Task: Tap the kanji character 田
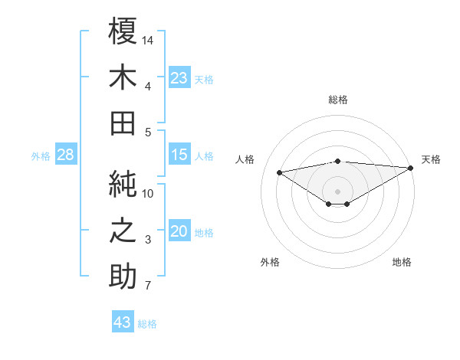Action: (x=123, y=122)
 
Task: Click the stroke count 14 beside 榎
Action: (x=149, y=40)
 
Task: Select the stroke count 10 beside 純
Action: (x=149, y=193)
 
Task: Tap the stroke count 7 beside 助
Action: (x=148, y=286)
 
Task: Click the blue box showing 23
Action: (x=179, y=78)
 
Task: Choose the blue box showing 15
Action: (x=179, y=155)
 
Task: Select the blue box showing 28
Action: (x=66, y=155)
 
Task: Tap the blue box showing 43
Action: (x=123, y=322)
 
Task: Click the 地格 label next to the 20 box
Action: (x=205, y=233)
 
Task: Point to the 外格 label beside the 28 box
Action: (x=41, y=156)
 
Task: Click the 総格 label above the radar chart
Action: (x=338, y=100)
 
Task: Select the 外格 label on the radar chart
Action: (x=270, y=262)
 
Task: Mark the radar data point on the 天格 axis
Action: (x=412, y=168)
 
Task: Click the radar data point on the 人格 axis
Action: (x=279, y=172)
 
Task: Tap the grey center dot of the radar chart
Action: (x=337, y=190)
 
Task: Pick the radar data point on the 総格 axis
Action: (x=337, y=161)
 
